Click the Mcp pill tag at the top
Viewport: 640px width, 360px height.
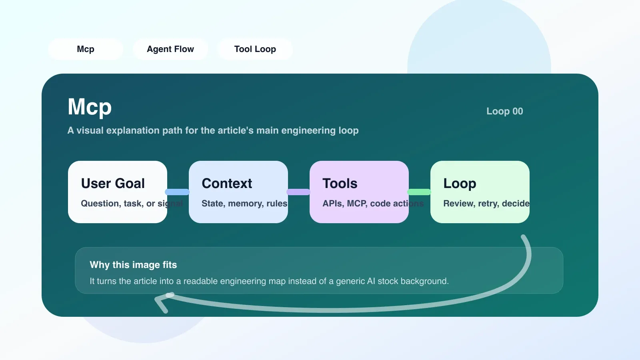coord(86,49)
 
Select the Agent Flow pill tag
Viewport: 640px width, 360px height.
coord(170,49)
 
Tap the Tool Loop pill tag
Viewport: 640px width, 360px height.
coord(255,49)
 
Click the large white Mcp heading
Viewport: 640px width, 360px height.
coord(90,107)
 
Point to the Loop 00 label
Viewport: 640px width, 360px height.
coord(504,111)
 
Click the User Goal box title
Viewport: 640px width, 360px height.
coord(113,184)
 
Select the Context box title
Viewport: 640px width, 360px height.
coord(227,184)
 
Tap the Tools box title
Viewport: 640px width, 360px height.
coord(340,184)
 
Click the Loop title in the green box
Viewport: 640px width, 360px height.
coord(460,184)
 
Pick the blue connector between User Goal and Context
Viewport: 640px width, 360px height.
coord(177,192)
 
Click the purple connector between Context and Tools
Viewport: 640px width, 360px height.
coord(298,192)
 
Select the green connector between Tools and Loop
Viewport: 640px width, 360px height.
coord(419,192)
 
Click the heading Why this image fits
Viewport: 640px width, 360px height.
coord(133,265)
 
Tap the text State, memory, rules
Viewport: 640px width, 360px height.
coord(244,204)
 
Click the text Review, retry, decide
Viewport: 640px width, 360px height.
coord(486,204)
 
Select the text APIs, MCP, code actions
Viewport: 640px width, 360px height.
coord(373,204)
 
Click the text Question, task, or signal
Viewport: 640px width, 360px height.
coord(132,204)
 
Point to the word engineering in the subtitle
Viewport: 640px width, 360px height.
coord(308,130)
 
